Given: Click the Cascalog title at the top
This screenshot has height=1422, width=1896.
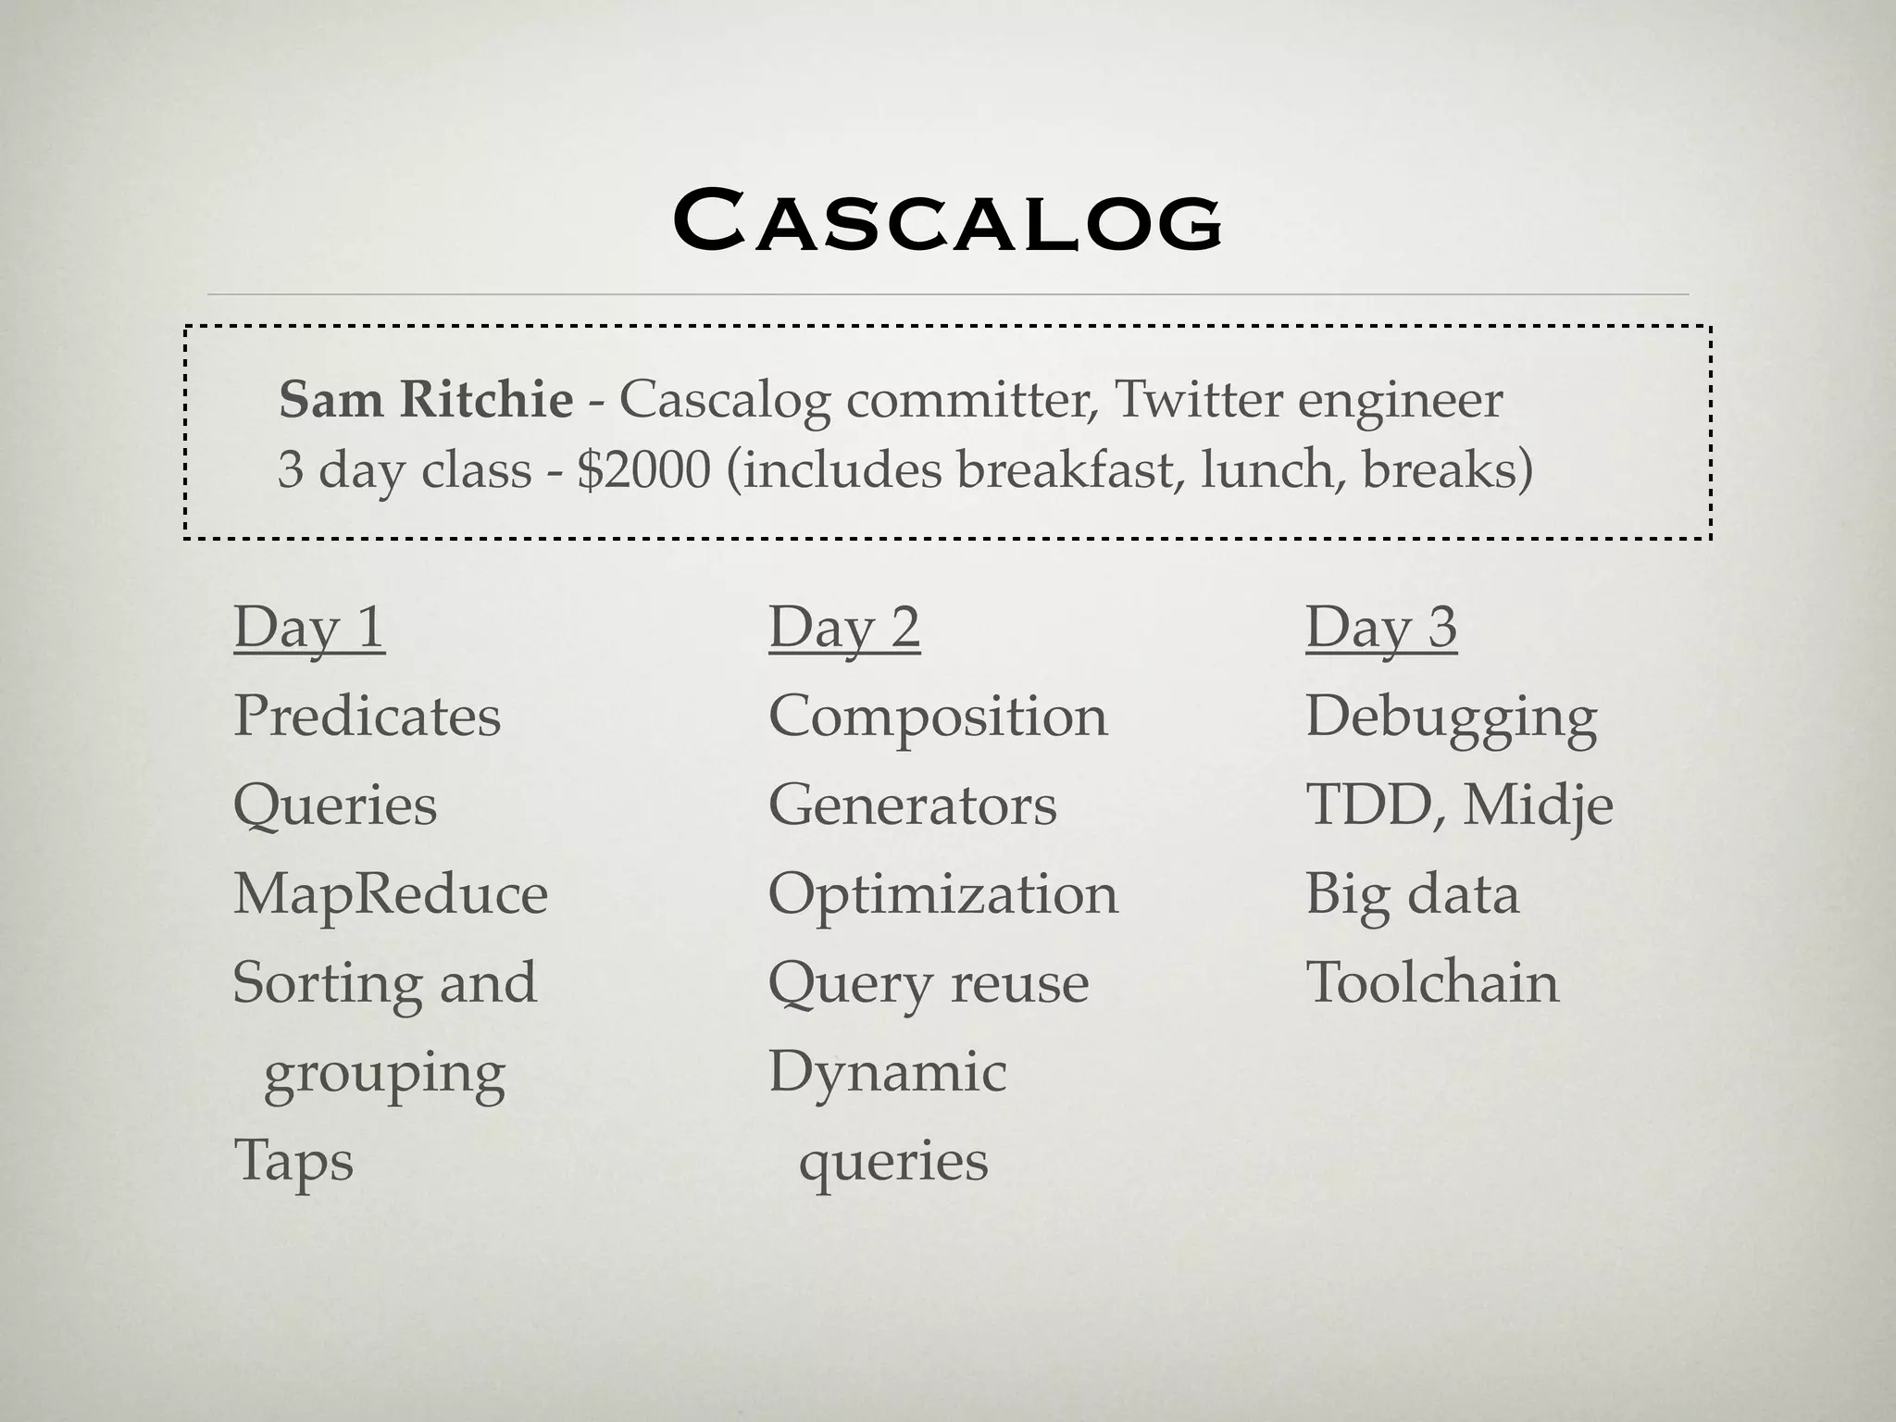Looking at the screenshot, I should pyautogui.click(x=947, y=221).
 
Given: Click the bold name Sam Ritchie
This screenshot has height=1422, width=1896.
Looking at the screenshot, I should pyautogui.click(x=426, y=400).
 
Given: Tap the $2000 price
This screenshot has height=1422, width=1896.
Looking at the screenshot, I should pyautogui.click(x=643, y=469).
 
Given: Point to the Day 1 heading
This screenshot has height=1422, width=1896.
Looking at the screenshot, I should pyautogui.click(x=309, y=628).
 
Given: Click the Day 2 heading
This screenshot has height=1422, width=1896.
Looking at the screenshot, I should pyautogui.click(x=844, y=628).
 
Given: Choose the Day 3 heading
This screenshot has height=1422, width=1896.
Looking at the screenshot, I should pyautogui.click(x=1381, y=628).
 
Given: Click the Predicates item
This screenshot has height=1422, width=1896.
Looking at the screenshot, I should pyautogui.click(x=367, y=716).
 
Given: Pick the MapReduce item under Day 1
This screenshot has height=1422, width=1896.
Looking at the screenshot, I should pyautogui.click(x=390, y=893).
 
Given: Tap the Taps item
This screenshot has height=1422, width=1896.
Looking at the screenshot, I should pyautogui.click(x=293, y=1160).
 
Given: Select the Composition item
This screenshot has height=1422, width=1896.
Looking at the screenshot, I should pyautogui.click(x=938, y=716).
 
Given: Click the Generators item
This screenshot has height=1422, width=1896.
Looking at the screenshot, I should pyautogui.click(x=912, y=805).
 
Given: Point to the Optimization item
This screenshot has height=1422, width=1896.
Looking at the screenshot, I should pyautogui.click(x=943, y=893).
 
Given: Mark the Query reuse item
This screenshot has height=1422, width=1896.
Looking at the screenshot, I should pyautogui.click(x=929, y=982).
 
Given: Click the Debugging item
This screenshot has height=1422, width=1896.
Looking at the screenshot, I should pyautogui.click(x=1451, y=717).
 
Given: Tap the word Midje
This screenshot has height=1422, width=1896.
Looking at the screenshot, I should pyautogui.click(x=1538, y=805).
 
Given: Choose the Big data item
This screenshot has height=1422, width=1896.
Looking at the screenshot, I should pyautogui.click(x=1412, y=893).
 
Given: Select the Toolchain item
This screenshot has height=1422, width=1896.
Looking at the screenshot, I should pyautogui.click(x=1432, y=982).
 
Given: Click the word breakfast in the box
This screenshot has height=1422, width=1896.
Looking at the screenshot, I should pyautogui.click(x=1065, y=469).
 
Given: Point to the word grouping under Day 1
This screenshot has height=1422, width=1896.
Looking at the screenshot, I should pyautogui.click(x=384, y=1073).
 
